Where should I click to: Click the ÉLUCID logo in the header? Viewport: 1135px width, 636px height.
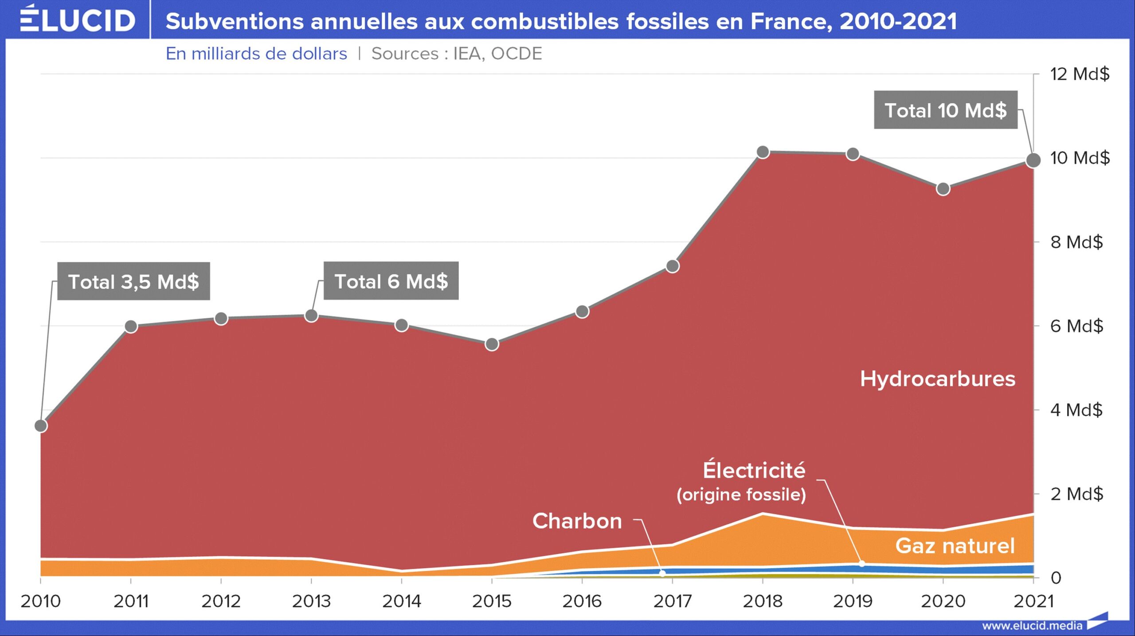click(x=78, y=20)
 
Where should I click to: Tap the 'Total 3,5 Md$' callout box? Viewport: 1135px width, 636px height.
click(x=133, y=281)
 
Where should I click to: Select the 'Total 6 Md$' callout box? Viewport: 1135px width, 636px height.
click(x=391, y=281)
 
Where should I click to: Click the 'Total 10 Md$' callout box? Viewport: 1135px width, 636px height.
click(x=945, y=110)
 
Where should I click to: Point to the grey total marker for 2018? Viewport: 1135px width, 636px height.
click(x=763, y=152)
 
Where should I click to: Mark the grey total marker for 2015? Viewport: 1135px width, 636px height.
click(x=492, y=344)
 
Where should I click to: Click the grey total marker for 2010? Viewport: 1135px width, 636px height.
click(x=41, y=425)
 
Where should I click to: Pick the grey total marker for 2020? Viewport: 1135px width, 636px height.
click(x=943, y=189)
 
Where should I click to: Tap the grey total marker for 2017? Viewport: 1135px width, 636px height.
click(x=673, y=266)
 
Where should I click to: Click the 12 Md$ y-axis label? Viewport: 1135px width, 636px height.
click(x=1080, y=74)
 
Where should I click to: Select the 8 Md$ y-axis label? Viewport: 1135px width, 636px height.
click(x=1076, y=242)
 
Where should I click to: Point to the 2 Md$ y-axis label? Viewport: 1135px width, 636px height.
click(x=1076, y=494)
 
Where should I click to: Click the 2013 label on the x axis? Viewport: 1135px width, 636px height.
click(x=311, y=601)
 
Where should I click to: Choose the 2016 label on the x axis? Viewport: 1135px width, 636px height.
click(x=582, y=601)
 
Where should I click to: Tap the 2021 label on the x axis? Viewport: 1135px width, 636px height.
click(x=1033, y=601)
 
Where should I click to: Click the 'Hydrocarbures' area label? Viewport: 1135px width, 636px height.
click(x=937, y=379)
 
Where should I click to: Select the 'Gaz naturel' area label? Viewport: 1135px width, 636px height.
click(x=955, y=546)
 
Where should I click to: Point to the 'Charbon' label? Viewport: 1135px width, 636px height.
click(x=577, y=521)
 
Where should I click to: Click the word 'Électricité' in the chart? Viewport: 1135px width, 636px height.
click(x=754, y=470)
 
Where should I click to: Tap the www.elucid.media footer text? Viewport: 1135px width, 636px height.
click(x=1032, y=626)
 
